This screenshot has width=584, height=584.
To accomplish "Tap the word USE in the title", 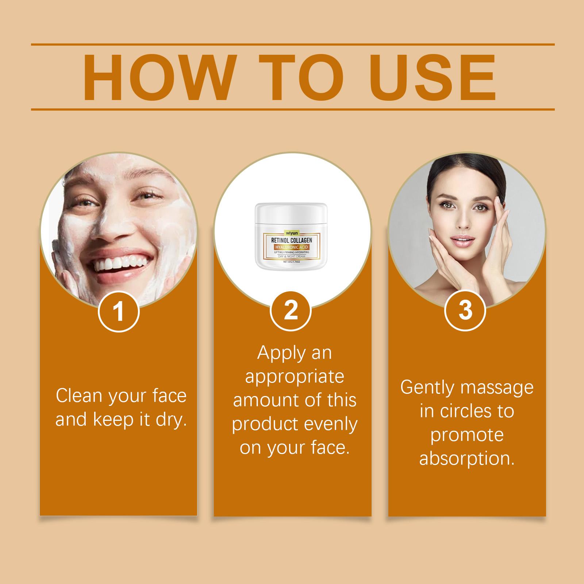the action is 430,77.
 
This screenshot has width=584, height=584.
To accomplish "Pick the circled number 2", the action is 291,311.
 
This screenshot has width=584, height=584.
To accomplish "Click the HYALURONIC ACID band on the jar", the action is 291,247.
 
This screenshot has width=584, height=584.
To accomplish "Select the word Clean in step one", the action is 77,396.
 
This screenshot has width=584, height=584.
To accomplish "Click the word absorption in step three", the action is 467,458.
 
